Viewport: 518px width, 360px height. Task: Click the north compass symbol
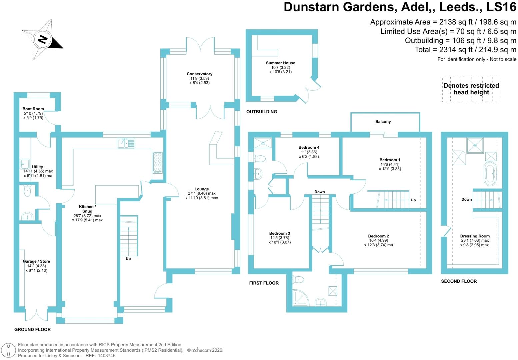pyautogui.click(x=43, y=39)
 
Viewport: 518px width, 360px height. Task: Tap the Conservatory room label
pyautogui.click(x=200, y=74)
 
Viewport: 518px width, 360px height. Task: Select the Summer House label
pyautogui.click(x=281, y=63)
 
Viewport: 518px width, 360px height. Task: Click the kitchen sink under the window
pyautogui.click(x=126, y=143)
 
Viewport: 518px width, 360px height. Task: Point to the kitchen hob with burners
pyautogui.click(x=158, y=163)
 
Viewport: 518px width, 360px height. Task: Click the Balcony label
pyautogui.click(x=383, y=122)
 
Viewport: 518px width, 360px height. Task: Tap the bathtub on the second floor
pyautogui.click(x=490, y=173)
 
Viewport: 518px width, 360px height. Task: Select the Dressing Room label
pyautogui.click(x=475, y=236)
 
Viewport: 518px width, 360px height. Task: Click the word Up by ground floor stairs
pyautogui.click(x=128, y=259)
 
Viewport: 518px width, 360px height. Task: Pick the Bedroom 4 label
pyautogui.click(x=309, y=147)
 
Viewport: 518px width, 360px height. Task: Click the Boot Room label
pyautogui.click(x=33, y=109)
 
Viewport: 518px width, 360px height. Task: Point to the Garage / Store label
pyautogui.click(x=36, y=261)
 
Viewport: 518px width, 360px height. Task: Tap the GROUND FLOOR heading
pyautogui.click(x=32, y=329)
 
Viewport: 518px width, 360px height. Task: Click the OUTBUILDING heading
pyautogui.click(x=262, y=112)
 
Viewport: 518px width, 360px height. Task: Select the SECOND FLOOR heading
pyautogui.click(x=459, y=281)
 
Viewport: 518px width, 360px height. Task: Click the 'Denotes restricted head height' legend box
pyautogui.click(x=472, y=89)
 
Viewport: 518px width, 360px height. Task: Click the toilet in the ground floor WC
pyautogui.click(x=27, y=191)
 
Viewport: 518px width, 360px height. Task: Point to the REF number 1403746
pyautogui.click(x=107, y=356)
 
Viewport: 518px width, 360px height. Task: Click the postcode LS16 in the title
pyautogui.click(x=501, y=7)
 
